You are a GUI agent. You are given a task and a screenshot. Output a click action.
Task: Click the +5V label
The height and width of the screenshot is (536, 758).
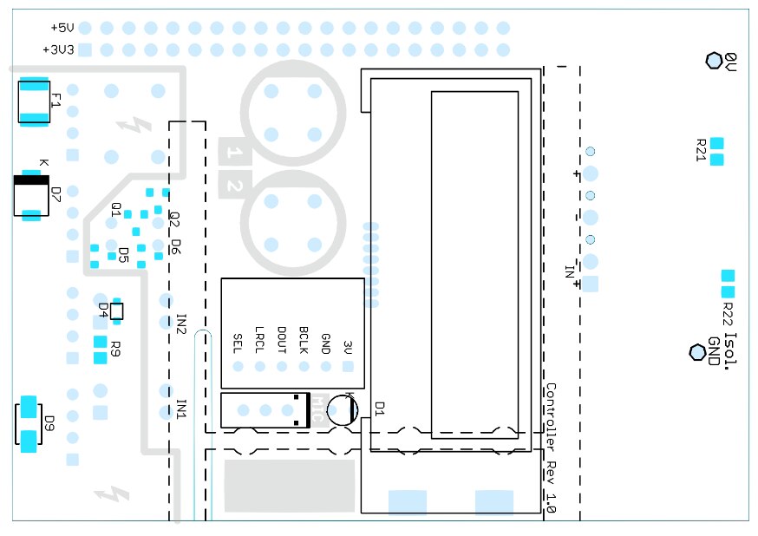pos(64,28)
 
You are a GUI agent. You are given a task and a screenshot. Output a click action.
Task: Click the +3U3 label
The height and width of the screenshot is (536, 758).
pos(59,49)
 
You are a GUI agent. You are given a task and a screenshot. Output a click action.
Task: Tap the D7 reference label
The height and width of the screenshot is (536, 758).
pos(56,194)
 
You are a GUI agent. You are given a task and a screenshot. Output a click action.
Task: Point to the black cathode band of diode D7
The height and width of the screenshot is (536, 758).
pos(30,180)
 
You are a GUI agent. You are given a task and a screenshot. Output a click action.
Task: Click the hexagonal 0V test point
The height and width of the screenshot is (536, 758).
pos(714,60)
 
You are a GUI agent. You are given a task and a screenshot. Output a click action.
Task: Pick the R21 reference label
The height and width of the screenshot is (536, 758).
pos(702,152)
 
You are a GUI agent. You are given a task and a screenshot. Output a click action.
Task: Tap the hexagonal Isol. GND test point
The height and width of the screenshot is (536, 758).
pos(696,351)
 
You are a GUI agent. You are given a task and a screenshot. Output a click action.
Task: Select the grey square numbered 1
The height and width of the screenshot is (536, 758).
pos(234,153)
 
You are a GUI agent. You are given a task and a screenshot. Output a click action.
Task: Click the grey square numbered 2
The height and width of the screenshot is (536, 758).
pos(234,186)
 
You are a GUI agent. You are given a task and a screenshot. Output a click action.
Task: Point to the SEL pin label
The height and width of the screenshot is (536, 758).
pos(238,343)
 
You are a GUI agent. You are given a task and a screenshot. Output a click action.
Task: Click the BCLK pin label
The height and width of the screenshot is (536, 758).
pos(304,337)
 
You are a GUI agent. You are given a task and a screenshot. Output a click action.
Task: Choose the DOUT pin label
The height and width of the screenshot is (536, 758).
pos(281,338)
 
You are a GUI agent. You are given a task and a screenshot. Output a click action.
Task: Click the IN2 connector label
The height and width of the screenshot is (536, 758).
pos(181,324)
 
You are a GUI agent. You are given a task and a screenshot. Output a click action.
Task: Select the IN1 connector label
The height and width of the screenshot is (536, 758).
pos(181,408)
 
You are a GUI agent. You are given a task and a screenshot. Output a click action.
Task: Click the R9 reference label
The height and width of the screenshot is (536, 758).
pos(114,351)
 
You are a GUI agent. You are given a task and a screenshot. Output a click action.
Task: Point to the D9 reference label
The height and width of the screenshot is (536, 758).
pos(49,424)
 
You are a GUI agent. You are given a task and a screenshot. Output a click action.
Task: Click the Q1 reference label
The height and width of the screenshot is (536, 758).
pos(115,209)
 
